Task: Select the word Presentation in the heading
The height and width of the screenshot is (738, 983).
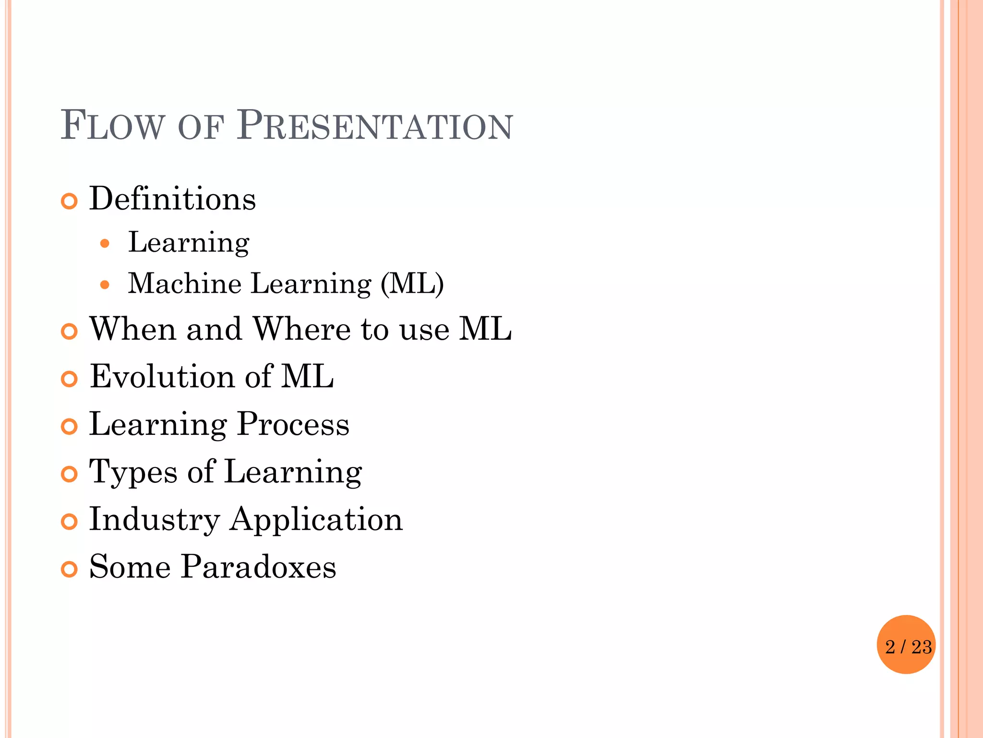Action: click(375, 126)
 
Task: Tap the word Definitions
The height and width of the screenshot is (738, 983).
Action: click(172, 199)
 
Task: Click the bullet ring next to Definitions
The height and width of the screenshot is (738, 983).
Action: click(70, 201)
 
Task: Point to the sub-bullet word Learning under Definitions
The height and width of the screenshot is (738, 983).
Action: click(189, 242)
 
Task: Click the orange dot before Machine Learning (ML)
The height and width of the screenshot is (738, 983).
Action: click(105, 285)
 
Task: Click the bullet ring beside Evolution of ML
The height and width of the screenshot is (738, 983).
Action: click(70, 379)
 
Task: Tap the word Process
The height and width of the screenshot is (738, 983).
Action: click(293, 424)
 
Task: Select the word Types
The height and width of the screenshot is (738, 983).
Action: click(133, 472)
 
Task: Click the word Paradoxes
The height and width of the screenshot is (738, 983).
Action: click(259, 567)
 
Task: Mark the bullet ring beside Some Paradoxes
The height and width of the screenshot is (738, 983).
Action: click(70, 569)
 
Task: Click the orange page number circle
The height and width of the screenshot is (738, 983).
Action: click(906, 645)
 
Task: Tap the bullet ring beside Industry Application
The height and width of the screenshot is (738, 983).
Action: click(70, 522)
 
